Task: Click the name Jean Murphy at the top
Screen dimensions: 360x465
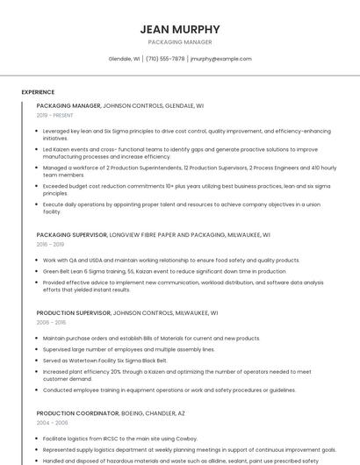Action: coord(180,29)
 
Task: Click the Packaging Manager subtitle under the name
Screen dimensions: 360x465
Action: coord(180,42)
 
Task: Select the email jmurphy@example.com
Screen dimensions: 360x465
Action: coord(221,59)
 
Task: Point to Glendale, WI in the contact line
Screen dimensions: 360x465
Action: coord(124,59)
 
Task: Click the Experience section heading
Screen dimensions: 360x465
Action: coord(38,91)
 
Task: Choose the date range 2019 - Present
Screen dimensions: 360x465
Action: coord(54,115)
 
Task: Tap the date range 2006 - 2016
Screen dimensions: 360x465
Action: coord(51,322)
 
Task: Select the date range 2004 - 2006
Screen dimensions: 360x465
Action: coord(51,422)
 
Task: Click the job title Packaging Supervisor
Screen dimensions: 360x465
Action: coord(72,235)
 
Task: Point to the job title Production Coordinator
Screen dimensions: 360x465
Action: coord(76,412)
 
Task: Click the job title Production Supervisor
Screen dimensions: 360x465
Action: coord(74,312)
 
